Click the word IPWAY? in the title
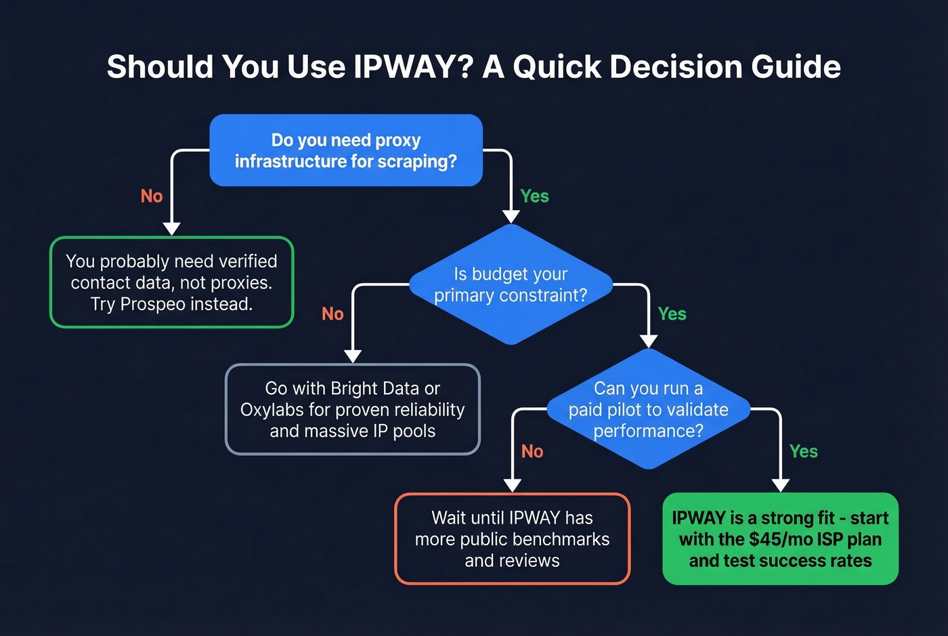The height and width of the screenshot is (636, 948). click(412, 66)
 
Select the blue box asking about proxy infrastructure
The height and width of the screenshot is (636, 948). click(346, 150)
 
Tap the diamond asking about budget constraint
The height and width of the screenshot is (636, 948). click(511, 284)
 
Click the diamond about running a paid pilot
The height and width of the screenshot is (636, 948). click(648, 409)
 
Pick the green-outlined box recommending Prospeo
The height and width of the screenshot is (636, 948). click(172, 282)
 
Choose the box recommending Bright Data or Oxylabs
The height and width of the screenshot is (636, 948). click(352, 409)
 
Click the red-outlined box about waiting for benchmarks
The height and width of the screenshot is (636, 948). click(512, 539)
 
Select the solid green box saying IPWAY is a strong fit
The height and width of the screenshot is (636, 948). click(780, 539)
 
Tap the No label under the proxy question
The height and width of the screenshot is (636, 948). click(152, 196)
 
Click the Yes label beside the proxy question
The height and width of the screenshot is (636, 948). click(534, 196)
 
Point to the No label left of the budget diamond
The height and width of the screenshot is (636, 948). click(332, 314)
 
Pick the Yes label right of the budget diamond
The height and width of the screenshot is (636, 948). click(672, 314)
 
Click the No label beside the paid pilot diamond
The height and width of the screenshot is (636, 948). click(532, 452)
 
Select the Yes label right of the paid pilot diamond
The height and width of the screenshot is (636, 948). click(803, 452)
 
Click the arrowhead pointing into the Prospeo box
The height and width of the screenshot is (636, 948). click(172, 228)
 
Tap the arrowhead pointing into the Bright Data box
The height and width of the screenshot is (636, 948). click(353, 356)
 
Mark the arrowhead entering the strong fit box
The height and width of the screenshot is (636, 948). click(781, 485)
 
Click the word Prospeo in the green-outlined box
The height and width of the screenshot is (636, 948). click(152, 304)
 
